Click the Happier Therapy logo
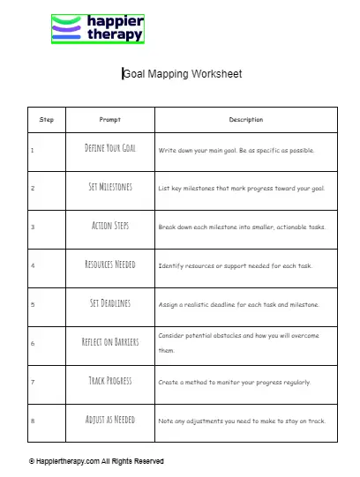(x=97, y=29)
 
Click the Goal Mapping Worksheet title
(x=182, y=74)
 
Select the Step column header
(x=46, y=120)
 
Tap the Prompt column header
(x=110, y=120)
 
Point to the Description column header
(x=246, y=120)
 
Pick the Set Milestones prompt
(x=110, y=188)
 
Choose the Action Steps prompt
(x=110, y=226)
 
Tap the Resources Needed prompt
(x=110, y=265)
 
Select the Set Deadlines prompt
(x=110, y=303)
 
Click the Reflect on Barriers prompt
(x=110, y=342)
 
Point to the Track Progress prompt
(x=110, y=381)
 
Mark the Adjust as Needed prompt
(x=110, y=420)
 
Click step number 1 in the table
(x=33, y=150)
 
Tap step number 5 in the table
(x=33, y=304)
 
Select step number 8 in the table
(x=33, y=421)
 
